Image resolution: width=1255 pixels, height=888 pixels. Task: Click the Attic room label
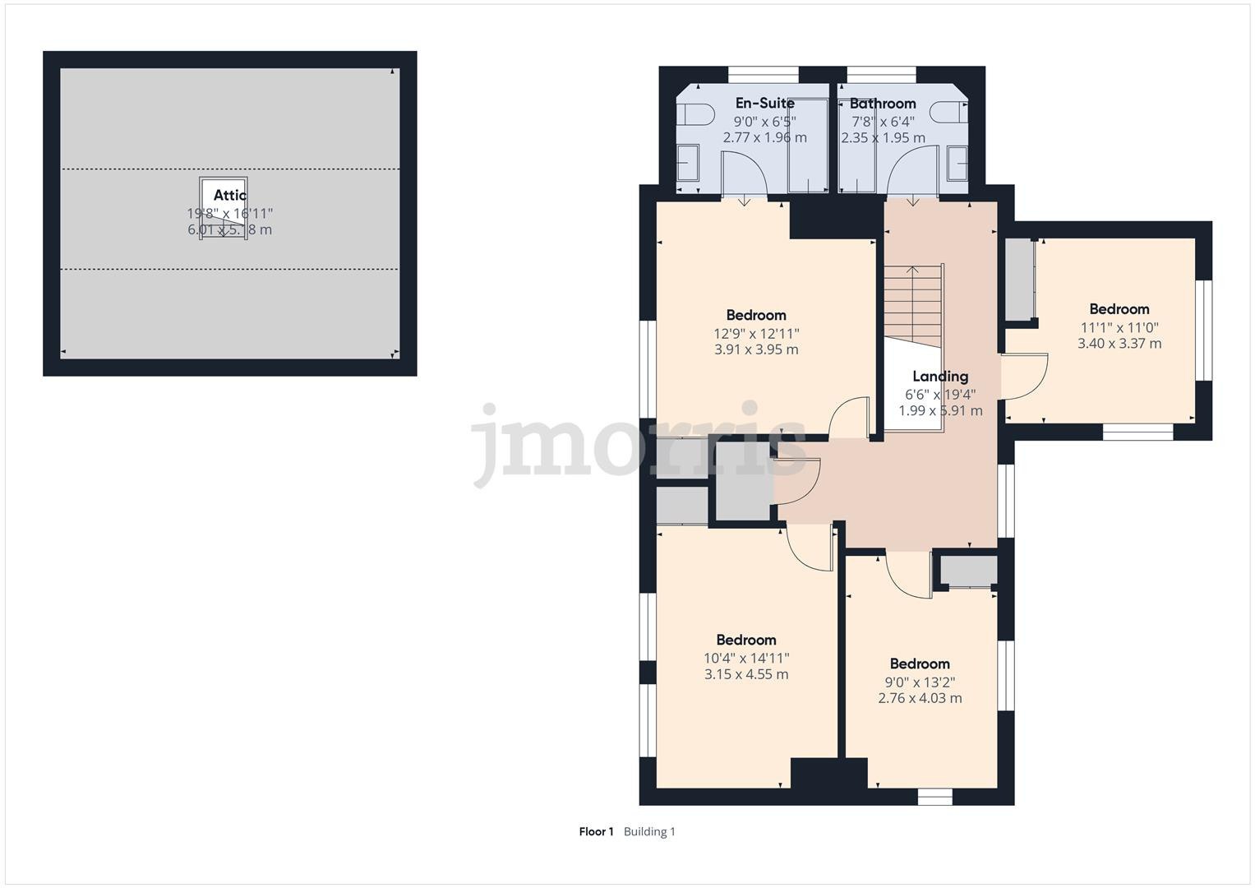pyautogui.click(x=229, y=195)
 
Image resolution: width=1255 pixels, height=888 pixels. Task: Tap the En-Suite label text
pyautogui.click(x=764, y=103)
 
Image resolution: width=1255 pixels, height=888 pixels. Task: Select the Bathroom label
pyautogui.click(x=882, y=104)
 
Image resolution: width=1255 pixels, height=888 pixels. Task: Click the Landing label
pyautogui.click(x=940, y=377)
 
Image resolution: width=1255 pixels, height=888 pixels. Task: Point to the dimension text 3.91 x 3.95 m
pyautogui.click(x=756, y=349)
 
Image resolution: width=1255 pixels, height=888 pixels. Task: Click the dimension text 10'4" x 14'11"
pyautogui.click(x=746, y=658)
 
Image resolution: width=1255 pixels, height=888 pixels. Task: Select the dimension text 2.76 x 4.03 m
pyautogui.click(x=920, y=698)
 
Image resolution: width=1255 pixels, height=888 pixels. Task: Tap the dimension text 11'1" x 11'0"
pyautogui.click(x=1119, y=327)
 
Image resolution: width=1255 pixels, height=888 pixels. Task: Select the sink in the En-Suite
pyautogui.click(x=687, y=163)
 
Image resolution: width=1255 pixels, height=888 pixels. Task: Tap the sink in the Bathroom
pyautogui.click(x=958, y=163)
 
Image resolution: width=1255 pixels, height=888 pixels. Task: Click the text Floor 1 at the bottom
pyautogui.click(x=596, y=831)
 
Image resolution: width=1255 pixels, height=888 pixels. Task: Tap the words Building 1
pyautogui.click(x=649, y=831)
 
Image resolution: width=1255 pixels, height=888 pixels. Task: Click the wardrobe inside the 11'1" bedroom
pyautogui.click(x=1019, y=280)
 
